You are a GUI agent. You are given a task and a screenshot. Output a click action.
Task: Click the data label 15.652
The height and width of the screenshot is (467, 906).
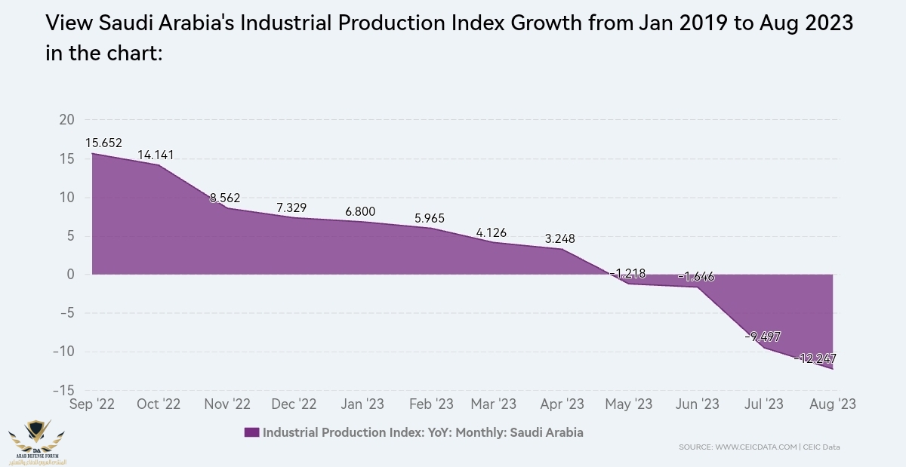point(103,143)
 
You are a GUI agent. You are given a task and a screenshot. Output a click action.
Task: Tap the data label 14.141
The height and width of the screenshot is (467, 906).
point(156,155)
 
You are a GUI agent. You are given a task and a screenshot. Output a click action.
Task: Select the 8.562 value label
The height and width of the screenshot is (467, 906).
point(224,198)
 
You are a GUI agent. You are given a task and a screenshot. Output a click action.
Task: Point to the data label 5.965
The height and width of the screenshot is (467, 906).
point(430,219)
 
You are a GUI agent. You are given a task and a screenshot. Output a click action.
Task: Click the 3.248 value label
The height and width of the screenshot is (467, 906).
point(560,239)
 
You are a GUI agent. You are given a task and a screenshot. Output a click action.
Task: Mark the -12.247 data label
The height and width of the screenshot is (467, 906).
point(815,358)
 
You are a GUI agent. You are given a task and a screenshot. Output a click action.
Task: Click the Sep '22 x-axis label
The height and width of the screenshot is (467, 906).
point(91,404)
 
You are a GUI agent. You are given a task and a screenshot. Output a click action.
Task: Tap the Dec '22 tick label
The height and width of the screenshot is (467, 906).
point(293,404)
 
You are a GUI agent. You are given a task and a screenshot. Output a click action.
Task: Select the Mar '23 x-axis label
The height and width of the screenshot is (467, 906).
point(493,404)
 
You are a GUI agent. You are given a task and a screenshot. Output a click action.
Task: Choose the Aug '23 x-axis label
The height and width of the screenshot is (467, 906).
point(832,404)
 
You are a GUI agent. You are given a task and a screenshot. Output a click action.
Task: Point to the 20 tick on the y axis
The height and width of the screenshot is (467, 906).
point(66,120)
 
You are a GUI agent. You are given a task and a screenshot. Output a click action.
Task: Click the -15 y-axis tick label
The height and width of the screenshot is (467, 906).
point(63,390)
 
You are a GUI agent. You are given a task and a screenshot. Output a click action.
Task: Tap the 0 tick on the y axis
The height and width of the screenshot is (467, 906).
point(70,275)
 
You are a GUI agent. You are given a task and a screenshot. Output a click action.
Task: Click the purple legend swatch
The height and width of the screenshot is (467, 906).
point(251,433)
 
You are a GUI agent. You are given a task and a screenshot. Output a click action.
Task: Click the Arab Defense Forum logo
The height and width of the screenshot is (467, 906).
point(36,441)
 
